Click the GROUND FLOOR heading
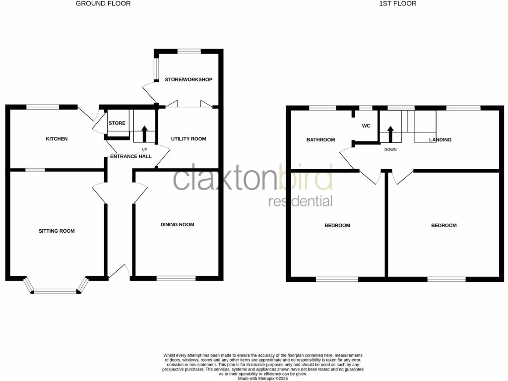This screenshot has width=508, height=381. (103, 3)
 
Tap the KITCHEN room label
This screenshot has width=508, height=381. (57, 139)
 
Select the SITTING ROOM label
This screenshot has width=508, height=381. (57, 231)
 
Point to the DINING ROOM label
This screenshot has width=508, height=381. (177, 225)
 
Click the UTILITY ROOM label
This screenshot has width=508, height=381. (189, 139)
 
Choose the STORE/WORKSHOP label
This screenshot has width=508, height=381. (189, 80)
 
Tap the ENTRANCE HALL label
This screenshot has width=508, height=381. (130, 157)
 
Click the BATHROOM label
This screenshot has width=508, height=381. (320, 140)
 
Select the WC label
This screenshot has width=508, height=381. (366, 126)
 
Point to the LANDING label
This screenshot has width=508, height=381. (440, 140)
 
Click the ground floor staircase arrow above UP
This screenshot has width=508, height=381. (144, 134)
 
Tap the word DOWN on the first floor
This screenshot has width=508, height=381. (390, 149)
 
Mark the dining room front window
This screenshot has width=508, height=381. (176, 278)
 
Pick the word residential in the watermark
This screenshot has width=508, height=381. (300, 201)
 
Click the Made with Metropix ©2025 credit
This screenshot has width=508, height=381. (263, 378)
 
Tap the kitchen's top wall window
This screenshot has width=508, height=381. (43, 106)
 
